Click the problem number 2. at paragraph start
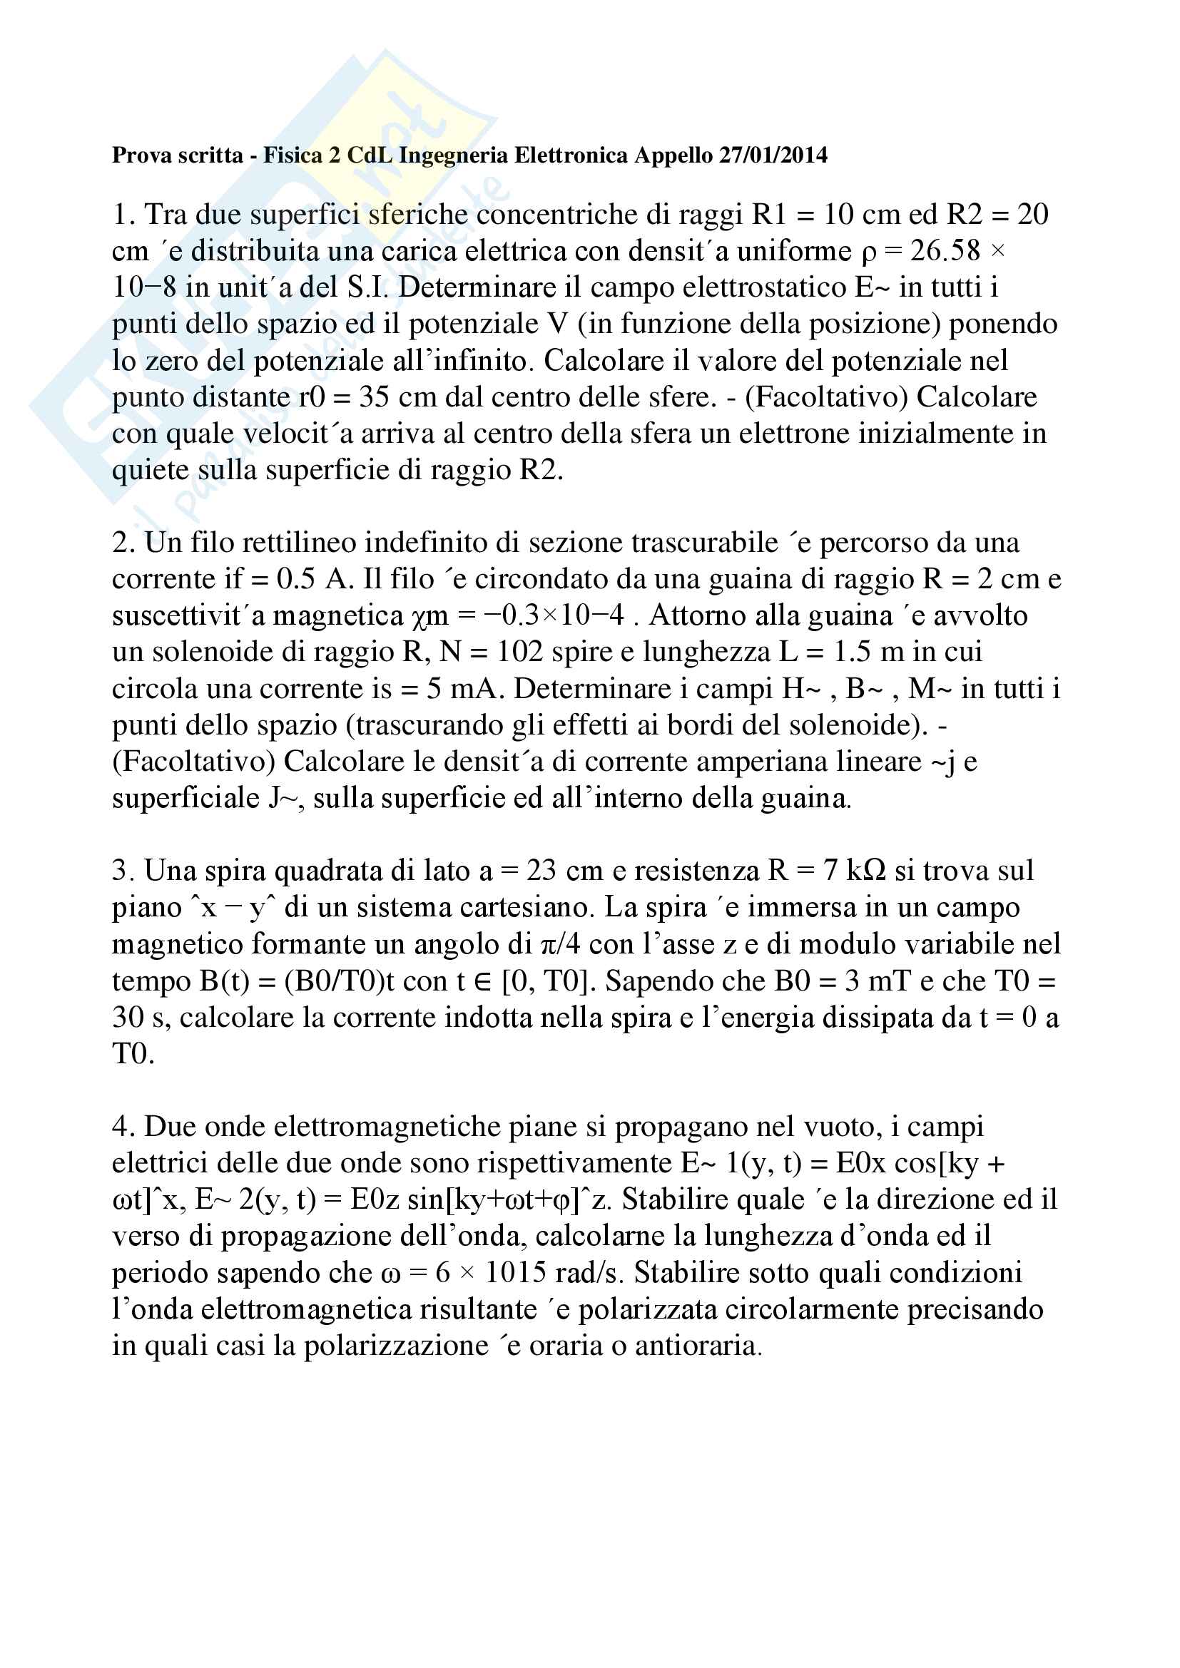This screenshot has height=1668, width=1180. [x=124, y=543]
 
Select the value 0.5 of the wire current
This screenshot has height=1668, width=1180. [x=297, y=580]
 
